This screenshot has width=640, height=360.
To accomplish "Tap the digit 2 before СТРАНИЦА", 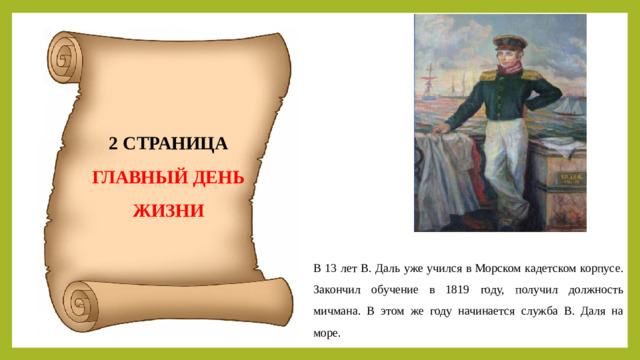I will tap(113, 143).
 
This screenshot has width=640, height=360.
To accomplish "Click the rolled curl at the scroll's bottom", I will tap(80, 301).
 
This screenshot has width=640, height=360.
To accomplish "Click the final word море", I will tap(326, 333).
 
